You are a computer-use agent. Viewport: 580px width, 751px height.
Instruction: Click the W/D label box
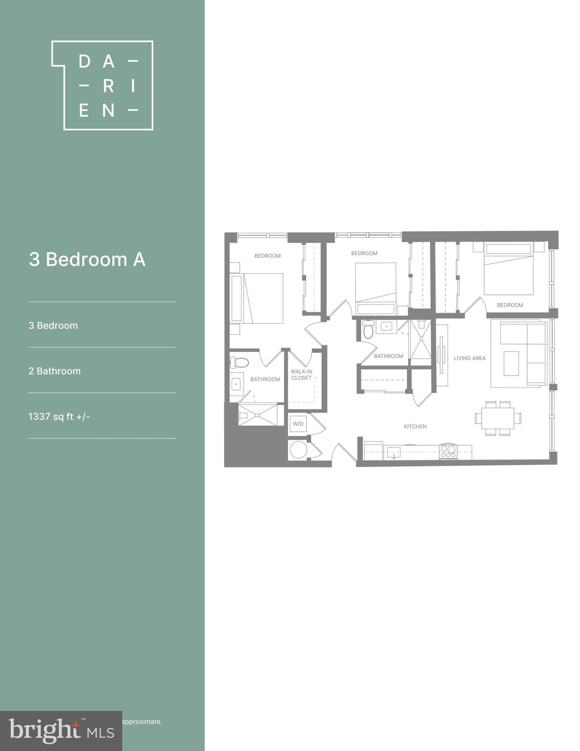[298, 423]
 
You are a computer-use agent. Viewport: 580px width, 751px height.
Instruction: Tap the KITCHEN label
[415, 427]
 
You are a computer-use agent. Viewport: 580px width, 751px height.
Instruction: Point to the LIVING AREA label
[469, 358]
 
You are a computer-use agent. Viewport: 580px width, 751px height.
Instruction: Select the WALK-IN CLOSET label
[301, 375]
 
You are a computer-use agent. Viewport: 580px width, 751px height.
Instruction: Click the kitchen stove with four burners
[448, 451]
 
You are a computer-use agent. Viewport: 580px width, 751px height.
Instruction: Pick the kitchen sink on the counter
[393, 452]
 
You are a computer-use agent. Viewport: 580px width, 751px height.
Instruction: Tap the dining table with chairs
[498, 419]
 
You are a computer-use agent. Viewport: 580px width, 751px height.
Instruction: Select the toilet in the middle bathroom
[368, 330]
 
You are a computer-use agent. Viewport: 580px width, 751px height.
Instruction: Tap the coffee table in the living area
[511, 363]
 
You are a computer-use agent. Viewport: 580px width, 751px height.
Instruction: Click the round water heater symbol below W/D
[298, 450]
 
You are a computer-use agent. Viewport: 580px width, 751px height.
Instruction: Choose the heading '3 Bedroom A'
[87, 260]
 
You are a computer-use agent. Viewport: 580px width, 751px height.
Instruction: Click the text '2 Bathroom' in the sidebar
[54, 371]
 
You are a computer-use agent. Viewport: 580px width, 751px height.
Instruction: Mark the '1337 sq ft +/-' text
[59, 417]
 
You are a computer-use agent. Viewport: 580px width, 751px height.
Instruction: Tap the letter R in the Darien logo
[108, 86]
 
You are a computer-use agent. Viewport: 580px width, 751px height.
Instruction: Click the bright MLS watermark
[61, 731]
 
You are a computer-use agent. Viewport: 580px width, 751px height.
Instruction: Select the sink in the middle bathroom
[387, 326]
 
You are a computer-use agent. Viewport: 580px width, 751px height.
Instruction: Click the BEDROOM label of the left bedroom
[268, 256]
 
